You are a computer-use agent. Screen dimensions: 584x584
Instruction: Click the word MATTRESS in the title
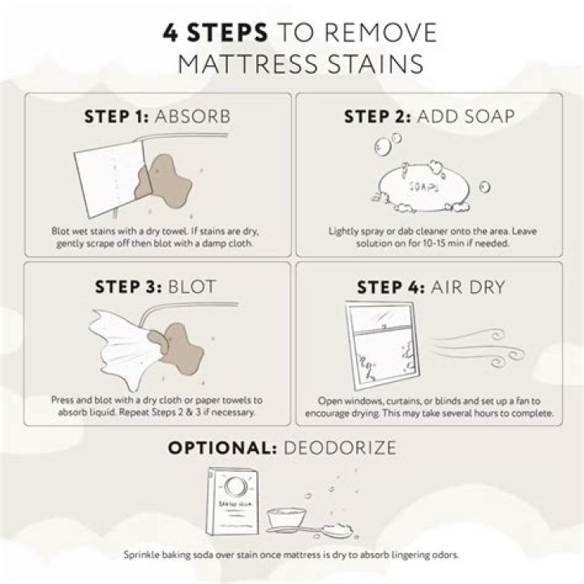click(x=247, y=64)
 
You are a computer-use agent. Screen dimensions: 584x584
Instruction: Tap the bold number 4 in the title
click(x=170, y=32)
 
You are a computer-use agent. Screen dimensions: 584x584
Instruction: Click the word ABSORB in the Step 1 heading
click(x=192, y=117)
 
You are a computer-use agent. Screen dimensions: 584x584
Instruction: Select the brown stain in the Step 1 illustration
click(x=164, y=182)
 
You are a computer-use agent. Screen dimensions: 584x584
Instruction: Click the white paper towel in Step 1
click(x=112, y=179)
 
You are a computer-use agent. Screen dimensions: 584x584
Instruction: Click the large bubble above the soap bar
click(x=383, y=147)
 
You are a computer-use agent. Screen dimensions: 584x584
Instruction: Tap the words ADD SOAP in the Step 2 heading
click(x=466, y=117)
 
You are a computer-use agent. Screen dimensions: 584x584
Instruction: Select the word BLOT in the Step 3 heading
click(x=191, y=287)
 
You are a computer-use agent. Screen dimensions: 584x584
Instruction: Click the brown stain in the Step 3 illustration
click(x=178, y=349)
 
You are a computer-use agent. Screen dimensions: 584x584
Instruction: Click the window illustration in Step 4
click(x=383, y=346)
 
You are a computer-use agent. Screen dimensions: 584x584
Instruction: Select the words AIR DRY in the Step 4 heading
click(x=468, y=287)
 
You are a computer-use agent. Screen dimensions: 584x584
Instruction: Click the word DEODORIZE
click(x=340, y=448)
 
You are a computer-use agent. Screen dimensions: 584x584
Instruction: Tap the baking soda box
click(x=233, y=501)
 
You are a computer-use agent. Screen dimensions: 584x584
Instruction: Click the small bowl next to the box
click(x=286, y=517)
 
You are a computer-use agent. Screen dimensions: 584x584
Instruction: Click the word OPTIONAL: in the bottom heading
click(x=222, y=448)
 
